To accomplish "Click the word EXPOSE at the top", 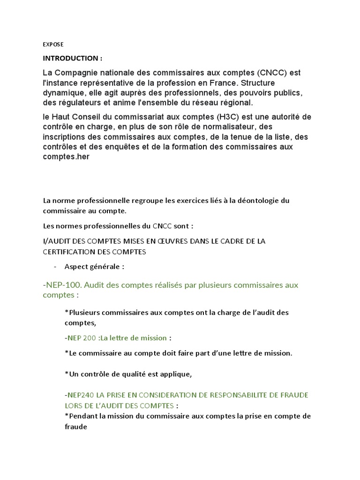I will tap(53, 45).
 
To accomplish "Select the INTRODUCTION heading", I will tap(72, 58).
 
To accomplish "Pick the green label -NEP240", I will tap(79, 395).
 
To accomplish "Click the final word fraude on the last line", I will tap(76, 427).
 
